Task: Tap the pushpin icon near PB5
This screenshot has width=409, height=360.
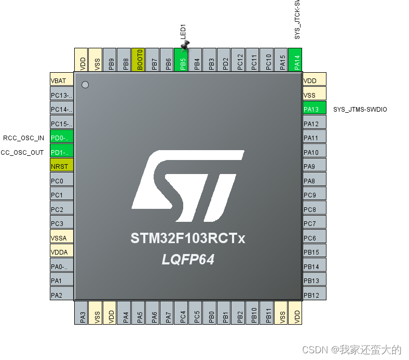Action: pos(185,46)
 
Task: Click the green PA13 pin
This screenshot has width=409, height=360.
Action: pos(314,109)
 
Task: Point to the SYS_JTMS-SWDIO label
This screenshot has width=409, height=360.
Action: pos(360,109)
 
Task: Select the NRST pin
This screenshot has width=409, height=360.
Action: pos(62,166)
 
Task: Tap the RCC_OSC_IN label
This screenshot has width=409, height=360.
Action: pos(23,138)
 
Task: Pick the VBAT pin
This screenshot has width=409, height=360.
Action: pos(62,81)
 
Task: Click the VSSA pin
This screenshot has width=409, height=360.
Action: pos(62,238)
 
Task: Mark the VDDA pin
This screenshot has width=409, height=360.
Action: pos(62,252)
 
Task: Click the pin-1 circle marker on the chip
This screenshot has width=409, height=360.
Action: pos(86,85)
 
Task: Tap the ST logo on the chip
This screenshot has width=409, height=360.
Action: pos(188,185)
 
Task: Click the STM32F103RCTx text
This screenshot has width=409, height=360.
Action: pos(187,239)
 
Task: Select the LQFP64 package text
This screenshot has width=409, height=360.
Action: pos(188,259)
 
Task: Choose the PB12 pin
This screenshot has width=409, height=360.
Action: pos(314,295)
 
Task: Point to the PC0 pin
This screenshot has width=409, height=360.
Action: pos(62,181)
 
